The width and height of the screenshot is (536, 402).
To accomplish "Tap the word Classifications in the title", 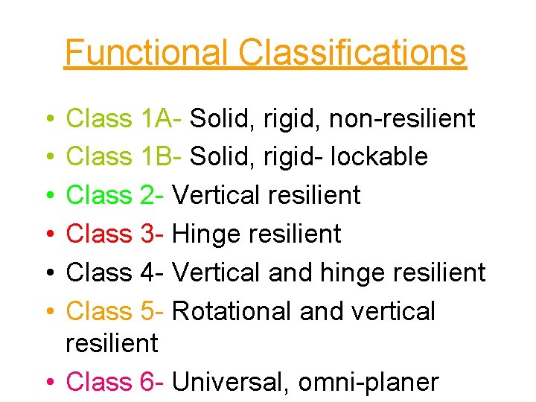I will click(352, 52).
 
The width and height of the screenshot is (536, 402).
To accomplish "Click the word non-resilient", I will click(402, 118).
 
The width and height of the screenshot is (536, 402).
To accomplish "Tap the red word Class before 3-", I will click(99, 234).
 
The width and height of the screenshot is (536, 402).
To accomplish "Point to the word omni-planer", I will click(368, 383).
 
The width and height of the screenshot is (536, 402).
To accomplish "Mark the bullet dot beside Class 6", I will click(48, 383).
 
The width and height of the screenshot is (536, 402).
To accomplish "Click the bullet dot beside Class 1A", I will click(48, 118).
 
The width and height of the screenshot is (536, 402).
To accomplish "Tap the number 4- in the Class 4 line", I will click(152, 272).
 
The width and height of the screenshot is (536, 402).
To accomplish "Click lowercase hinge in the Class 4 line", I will click(349, 273).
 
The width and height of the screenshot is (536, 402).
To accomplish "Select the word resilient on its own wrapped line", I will click(112, 343).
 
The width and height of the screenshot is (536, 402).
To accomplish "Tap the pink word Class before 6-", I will click(99, 382).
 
